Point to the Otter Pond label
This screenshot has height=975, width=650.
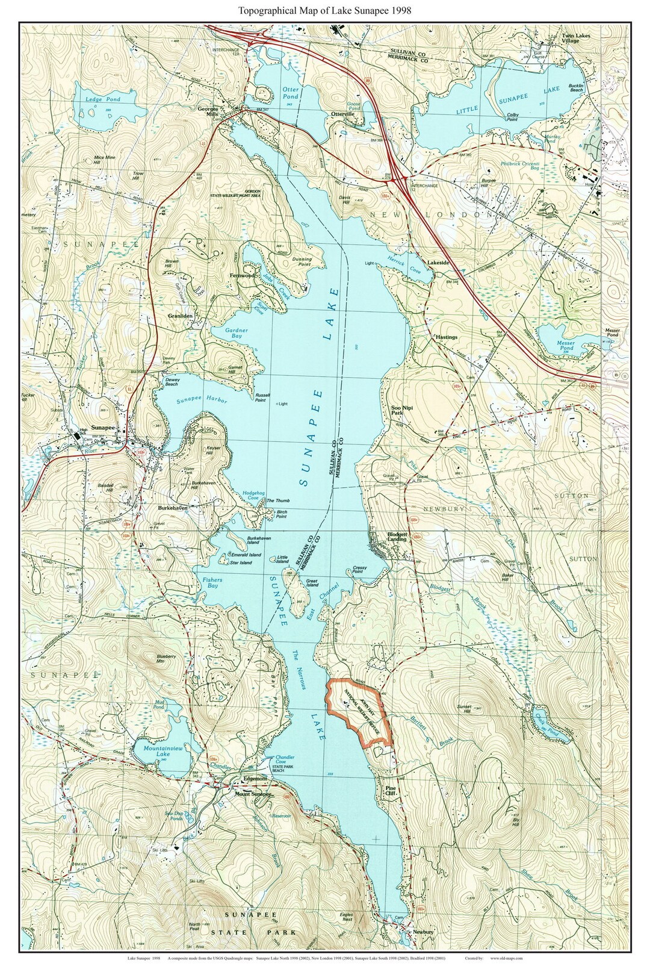click(x=291, y=93)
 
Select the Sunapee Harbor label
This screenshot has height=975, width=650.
click(x=202, y=401)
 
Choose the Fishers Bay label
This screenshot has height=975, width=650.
click(x=211, y=582)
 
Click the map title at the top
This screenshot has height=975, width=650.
click(x=325, y=10)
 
